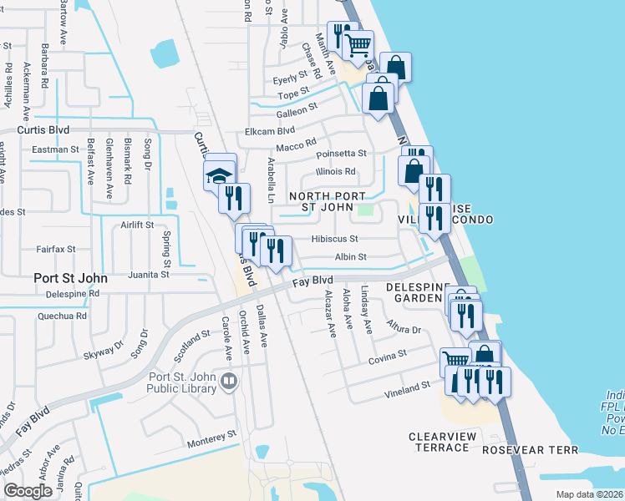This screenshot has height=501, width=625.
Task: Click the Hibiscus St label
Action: [x=334, y=239]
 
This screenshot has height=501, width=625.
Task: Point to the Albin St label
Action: [x=350, y=257]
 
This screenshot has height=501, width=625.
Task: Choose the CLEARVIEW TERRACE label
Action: [x=440, y=442]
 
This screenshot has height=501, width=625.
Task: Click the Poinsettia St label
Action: [x=341, y=154]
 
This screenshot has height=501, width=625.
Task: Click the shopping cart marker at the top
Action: [x=358, y=44]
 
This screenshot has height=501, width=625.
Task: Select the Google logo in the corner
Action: [x=28, y=491]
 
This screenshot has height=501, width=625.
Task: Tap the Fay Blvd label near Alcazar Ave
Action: [x=313, y=281]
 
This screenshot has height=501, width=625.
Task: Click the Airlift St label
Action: [x=137, y=225]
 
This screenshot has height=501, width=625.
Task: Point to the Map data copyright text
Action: [x=588, y=494]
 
